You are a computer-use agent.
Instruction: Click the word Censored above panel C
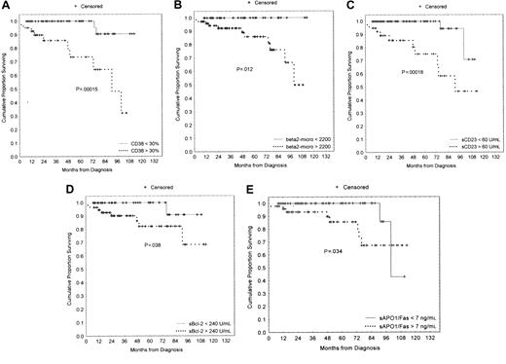pyautogui.click(x=433, y=6)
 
